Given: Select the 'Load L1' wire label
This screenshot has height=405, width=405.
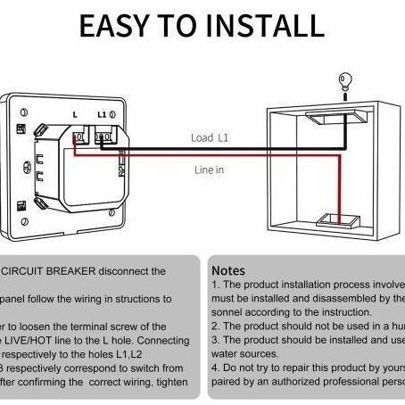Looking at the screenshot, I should coord(209,137).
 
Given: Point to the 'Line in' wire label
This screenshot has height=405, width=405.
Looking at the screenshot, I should coord(209,169).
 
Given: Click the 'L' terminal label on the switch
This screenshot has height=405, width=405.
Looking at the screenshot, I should coord(74,116).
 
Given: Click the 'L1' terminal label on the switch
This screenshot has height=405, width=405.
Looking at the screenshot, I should coord(102,116).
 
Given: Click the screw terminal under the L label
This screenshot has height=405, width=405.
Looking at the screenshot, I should coord(79,137).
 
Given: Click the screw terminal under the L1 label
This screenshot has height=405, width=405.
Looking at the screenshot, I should coord(105,137).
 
